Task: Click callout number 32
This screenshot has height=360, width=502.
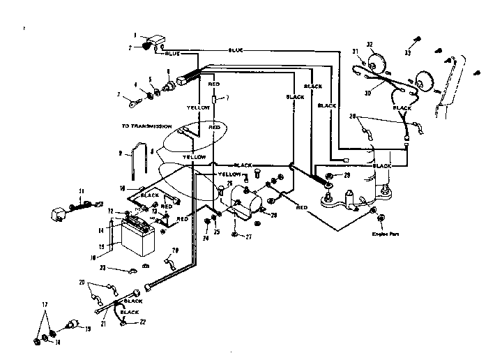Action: [x=370, y=44]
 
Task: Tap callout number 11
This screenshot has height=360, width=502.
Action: [x=81, y=190]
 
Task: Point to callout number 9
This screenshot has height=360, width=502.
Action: [x=120, y=152]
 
